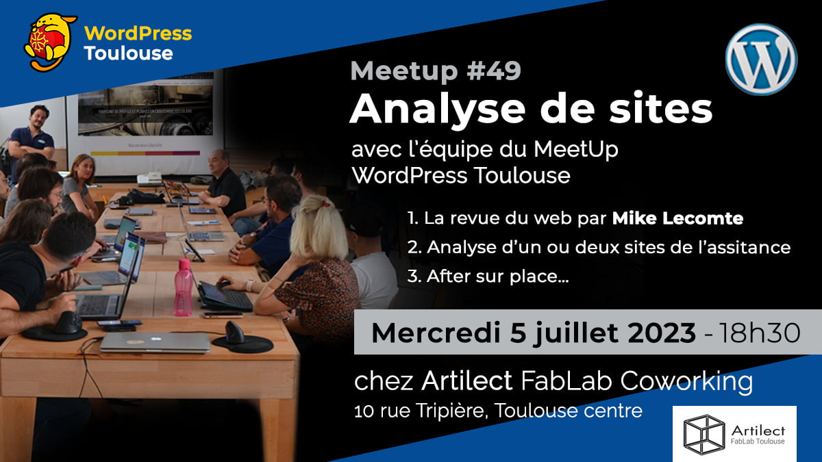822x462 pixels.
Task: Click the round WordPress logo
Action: coord(761,59)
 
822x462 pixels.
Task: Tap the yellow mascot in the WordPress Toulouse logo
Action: coord(50,41)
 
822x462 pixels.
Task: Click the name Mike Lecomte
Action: coord(677,218)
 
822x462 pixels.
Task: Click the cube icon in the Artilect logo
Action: coord(703,434)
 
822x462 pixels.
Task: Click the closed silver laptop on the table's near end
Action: coord(155,342)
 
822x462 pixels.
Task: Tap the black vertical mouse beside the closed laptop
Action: coord(235,334)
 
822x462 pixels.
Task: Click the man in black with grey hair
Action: coord(223,181)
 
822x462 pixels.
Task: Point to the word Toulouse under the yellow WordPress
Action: coord(127,53)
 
